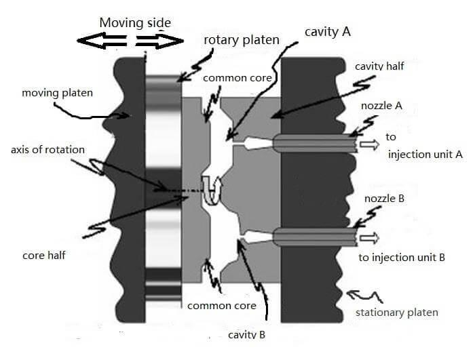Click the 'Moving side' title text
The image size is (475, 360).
[135, 22]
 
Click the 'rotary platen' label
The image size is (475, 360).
[242, 40]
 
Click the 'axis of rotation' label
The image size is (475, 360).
[47, 149]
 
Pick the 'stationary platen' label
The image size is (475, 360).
[397, 313]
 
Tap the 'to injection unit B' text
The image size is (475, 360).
[402, 258]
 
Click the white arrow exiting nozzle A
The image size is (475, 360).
[370, 144]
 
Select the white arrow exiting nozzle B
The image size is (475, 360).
[370, 238]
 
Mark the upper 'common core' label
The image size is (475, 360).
[237, 78]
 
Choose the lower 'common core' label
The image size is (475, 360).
[222, 306]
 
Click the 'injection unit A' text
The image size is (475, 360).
[425, 155]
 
